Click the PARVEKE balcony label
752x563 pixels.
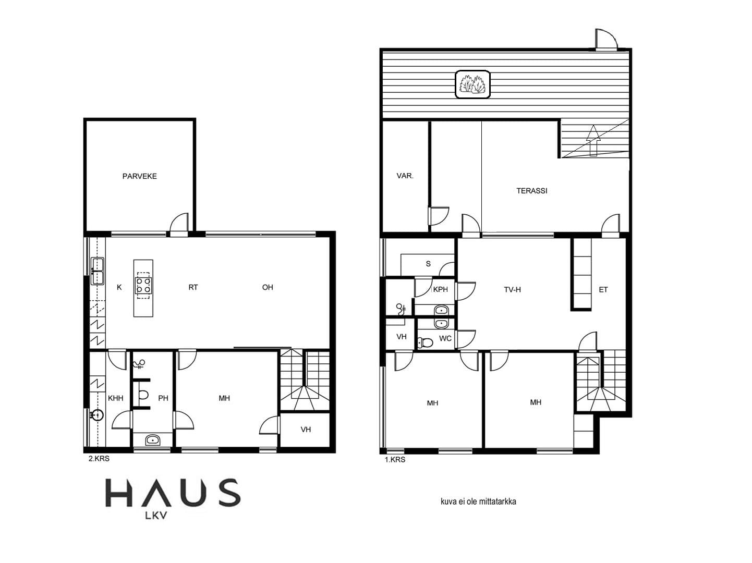point(139,176)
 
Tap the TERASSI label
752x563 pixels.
point(532,191)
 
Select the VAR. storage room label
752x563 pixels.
point(405,176)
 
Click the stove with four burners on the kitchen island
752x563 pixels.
point(143,286)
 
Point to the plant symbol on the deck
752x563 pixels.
point(472,84)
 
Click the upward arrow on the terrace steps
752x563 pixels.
point(593,140)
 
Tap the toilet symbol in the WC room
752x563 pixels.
point(425,341)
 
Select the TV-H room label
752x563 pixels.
point(512,290)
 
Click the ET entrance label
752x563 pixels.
point(603,290)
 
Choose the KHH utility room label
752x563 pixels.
point(115,398)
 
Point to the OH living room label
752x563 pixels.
point(268,287)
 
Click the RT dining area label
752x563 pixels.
point(193,287)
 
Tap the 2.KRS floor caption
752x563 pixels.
point(99,459)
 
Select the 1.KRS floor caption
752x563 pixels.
point(395,460)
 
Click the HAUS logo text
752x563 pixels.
point(173,493)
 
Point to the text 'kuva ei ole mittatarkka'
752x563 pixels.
point(478,501)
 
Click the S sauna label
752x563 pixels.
point(428,264)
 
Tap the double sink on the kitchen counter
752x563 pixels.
point(98,271)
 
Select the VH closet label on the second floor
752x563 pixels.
point(306,430)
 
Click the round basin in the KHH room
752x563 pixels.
point(98,415)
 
